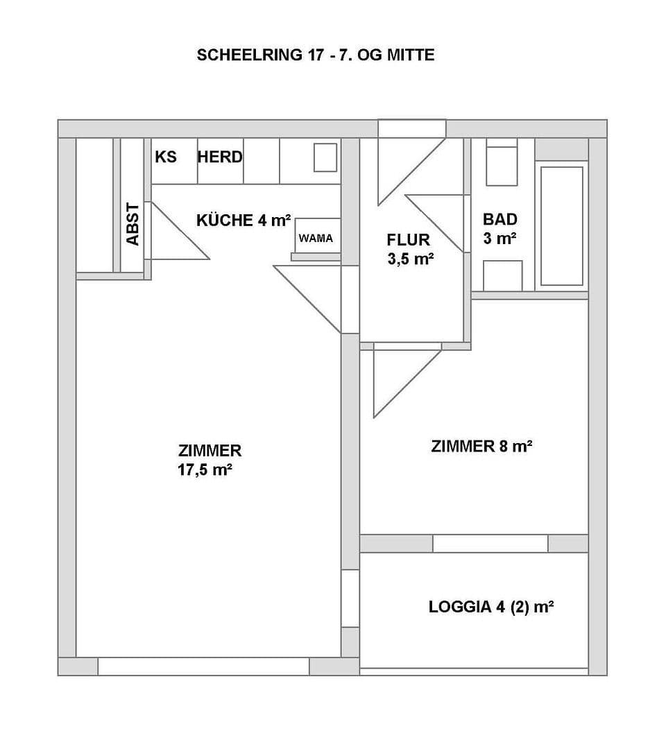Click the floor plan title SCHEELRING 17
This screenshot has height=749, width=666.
point(316,55)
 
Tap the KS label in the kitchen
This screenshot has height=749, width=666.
point(166,157)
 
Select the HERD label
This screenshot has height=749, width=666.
point(220,157)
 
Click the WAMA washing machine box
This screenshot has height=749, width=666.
point(316,238)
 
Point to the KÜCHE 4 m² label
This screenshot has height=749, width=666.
point(244,221)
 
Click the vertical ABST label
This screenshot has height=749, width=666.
point(133,223)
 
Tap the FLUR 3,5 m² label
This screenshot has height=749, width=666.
point(410,250)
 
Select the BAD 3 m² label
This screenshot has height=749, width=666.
point(500,229)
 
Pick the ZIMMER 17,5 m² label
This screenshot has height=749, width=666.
point(209,460)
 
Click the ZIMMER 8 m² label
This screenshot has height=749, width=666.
point(481,446)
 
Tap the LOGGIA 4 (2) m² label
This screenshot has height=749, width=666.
point(490,608)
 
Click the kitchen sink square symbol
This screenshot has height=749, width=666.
point(325,157)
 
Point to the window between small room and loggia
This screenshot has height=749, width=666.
point(490,543)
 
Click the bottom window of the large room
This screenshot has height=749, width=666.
point(203,666)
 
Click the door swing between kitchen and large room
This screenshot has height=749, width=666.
point(316,295)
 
